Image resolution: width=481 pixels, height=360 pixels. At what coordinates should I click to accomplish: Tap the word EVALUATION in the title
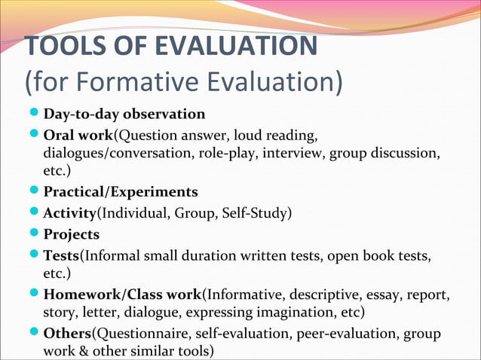coord(237,46)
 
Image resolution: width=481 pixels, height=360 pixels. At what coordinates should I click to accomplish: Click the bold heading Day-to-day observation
coord(124,114)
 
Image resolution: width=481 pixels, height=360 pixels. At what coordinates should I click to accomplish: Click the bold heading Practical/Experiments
coord(121,191)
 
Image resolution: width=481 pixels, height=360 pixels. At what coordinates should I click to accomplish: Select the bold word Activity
coord(71,212)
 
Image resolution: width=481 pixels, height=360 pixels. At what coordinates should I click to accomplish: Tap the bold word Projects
coord(72,234)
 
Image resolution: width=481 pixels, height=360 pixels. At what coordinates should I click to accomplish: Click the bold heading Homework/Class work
coord(122,293)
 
